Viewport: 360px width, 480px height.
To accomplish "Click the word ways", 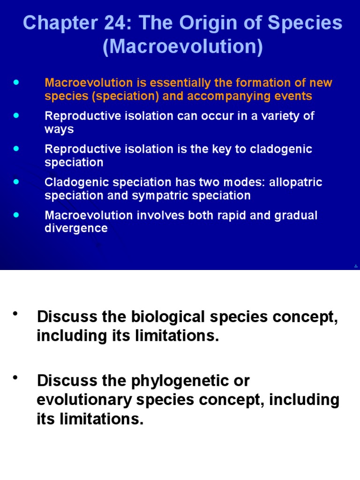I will [x=59, y=129].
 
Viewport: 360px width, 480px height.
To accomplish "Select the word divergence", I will [x=76, y=228].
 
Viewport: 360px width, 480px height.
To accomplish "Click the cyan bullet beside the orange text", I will [x=17, y=82].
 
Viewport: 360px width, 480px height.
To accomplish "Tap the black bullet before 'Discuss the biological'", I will [x=16, y=313].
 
